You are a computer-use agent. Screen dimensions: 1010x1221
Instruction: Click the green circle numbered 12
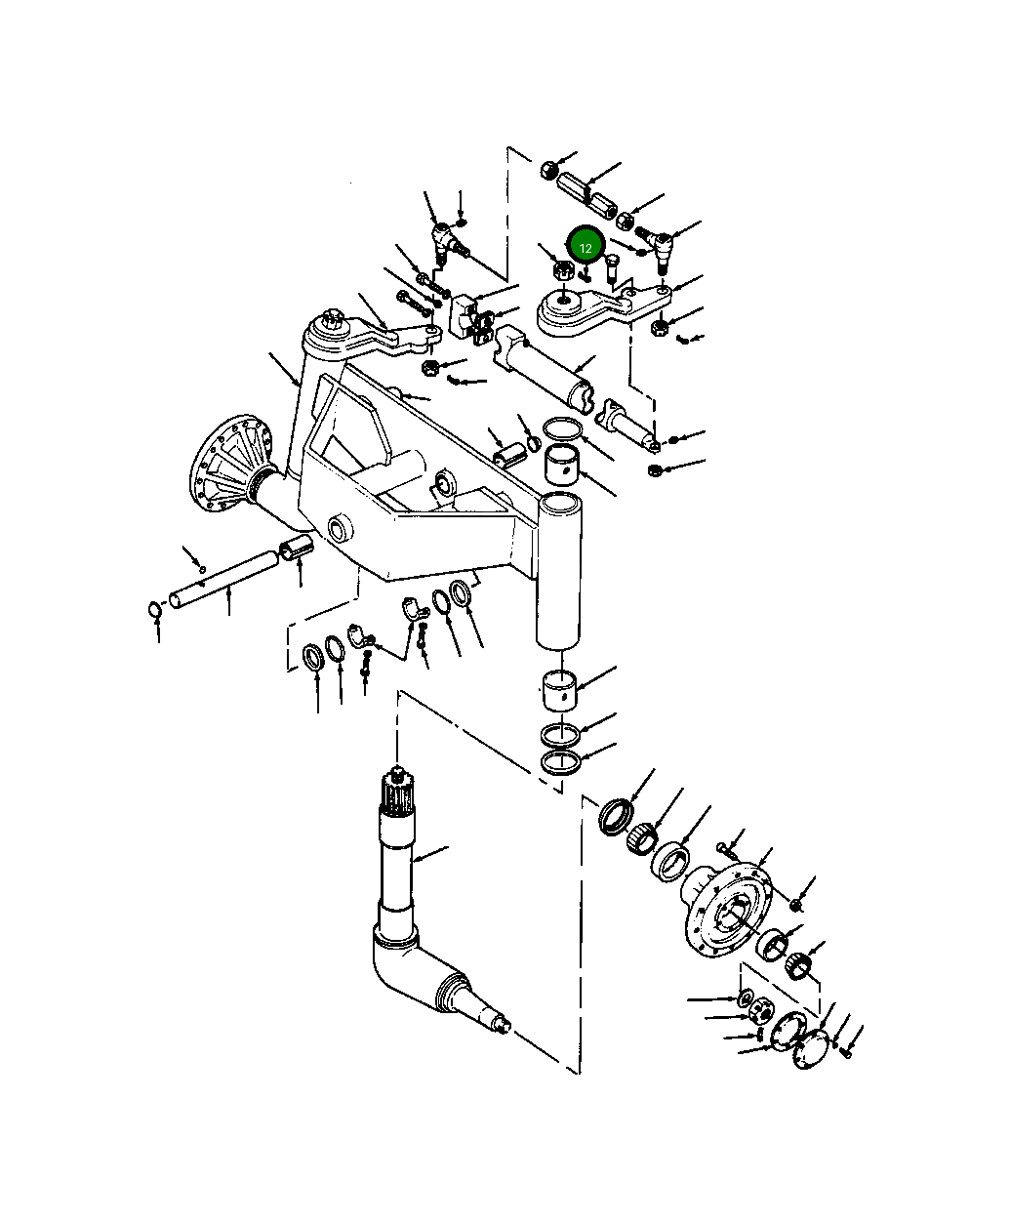586,248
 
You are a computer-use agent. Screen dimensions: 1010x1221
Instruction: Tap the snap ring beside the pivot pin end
154,611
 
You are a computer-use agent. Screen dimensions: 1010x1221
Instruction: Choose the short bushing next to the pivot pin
297,549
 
